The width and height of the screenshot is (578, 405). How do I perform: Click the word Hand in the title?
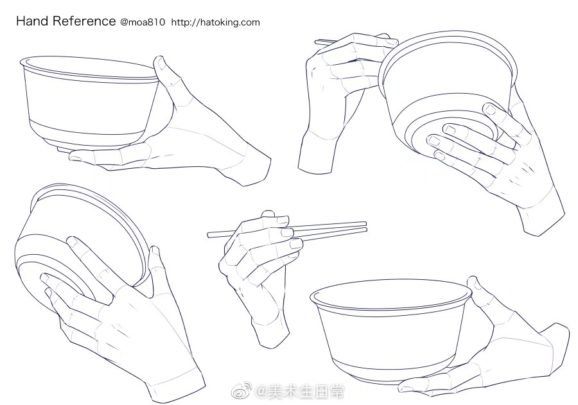tap(33, 21)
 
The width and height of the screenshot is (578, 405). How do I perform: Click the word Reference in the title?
tap(84, 21)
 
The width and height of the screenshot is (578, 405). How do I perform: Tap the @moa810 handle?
tap(143, 22)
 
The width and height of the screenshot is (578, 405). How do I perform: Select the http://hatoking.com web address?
tap(216, 22)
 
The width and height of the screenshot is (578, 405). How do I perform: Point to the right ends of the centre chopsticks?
tap(365, 227)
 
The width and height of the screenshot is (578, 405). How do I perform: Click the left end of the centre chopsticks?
tap(209, 234)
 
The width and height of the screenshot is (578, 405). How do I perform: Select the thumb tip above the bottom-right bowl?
tap(472, 280)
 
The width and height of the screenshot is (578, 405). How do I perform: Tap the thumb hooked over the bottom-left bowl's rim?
tap(154, 258)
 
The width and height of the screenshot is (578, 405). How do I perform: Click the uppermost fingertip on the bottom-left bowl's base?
tap(71, 241)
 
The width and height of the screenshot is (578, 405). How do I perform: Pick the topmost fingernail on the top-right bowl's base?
tap(489, 109)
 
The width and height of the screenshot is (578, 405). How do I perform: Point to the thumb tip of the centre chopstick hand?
tap(268, 214)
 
